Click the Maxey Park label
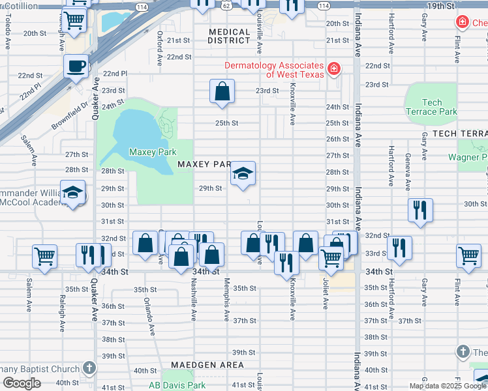click(153, 152)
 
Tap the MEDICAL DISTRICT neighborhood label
click(230, 36)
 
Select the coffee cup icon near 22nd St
click(76, 66)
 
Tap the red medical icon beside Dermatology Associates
click(333, 68)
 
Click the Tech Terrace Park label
click(431, 107)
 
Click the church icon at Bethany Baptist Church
click(89, 368)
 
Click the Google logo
click(22, 383)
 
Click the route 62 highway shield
click(225, 4)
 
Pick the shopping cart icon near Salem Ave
click(44, 256)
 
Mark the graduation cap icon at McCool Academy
click(73, 192)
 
